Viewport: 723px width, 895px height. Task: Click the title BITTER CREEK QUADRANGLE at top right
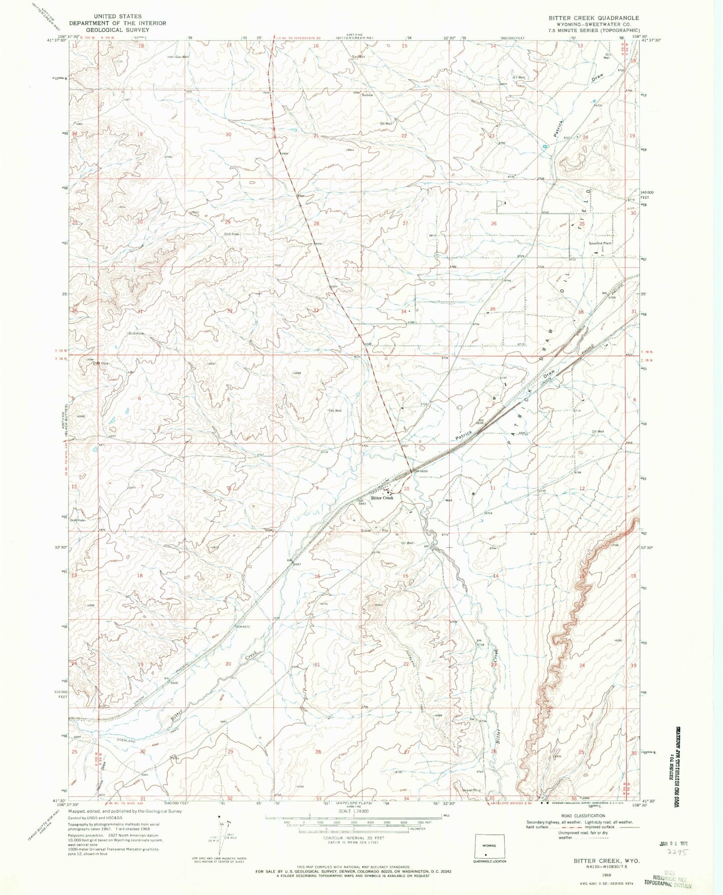pyautogui.click(x=593, y=18)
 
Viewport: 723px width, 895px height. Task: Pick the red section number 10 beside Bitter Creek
pyautogui.click(x=406, y=489)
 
